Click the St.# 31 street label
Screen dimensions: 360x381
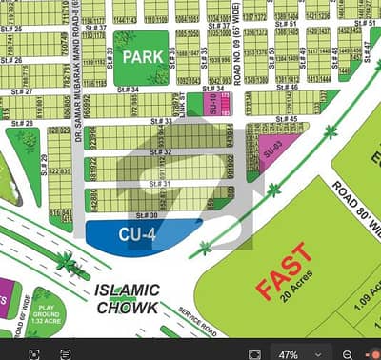coord(160,184)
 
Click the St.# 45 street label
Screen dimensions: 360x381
coord(288,119)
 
